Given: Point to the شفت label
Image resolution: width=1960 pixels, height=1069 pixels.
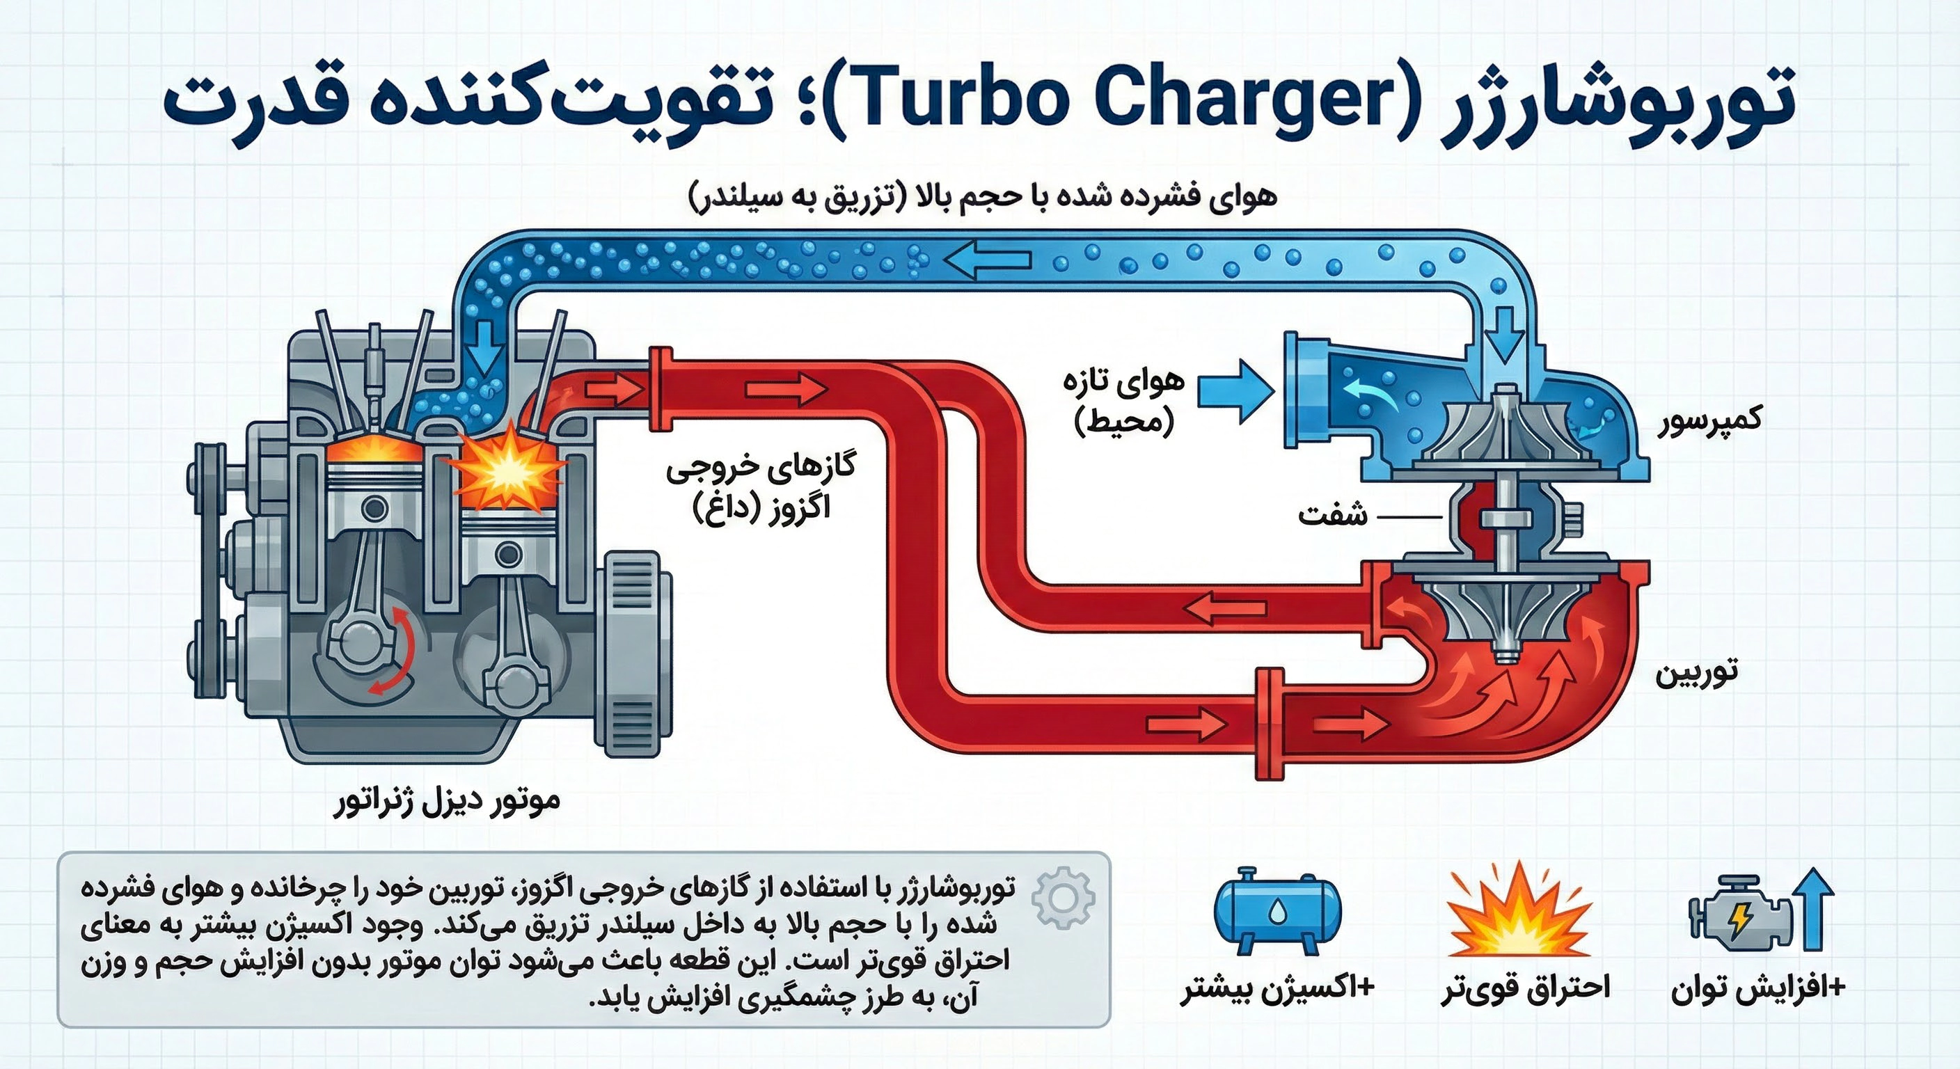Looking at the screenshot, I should (x=1331, y=516).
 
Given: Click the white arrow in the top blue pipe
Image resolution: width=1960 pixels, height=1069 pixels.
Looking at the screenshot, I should (x=988, y=260).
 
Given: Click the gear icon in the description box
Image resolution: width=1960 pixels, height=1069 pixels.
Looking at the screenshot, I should (x=1063, y=898).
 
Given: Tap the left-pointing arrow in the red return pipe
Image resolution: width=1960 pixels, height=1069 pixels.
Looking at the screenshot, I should (x=1226, y=609).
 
